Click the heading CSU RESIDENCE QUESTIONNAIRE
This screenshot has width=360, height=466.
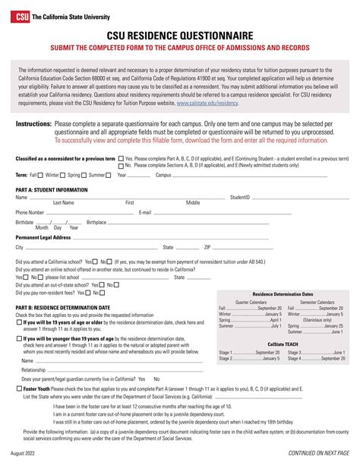[x=180, y=35]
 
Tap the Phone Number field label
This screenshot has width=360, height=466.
[x=30, y=212]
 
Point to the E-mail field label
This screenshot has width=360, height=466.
[x=146, y=212]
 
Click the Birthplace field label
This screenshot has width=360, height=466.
[x=96, y=222]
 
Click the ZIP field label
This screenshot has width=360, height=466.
[x=207, y=247]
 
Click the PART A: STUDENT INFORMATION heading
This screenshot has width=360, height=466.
[x=52, y=189]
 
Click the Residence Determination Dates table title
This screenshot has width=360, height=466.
[x=283, y=293]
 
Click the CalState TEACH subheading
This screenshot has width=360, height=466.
[x=283, y=344]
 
